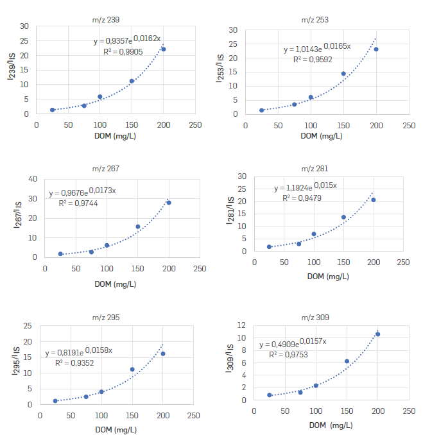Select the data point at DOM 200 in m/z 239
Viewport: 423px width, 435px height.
click(x=164, y=49)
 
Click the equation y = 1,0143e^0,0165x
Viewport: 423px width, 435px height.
click(x=316, y=48)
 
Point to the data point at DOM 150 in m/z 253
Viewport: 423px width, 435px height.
click(x=343, y=74)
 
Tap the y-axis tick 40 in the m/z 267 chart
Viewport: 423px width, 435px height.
click(x=32, y=179)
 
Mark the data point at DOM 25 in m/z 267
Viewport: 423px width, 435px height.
click(x=60, y=254)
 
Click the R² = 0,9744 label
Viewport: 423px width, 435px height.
click(x=76, y=202)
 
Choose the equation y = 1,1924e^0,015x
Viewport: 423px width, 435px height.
click(x=305, y=188)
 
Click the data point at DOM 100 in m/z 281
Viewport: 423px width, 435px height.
click(x=314, y=234)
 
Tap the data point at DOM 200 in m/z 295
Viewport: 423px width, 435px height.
click(x=163, y=354)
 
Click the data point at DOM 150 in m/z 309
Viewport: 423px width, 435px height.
click(x=347, y=361)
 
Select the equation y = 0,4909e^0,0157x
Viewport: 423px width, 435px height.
click(x=292, y=345)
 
